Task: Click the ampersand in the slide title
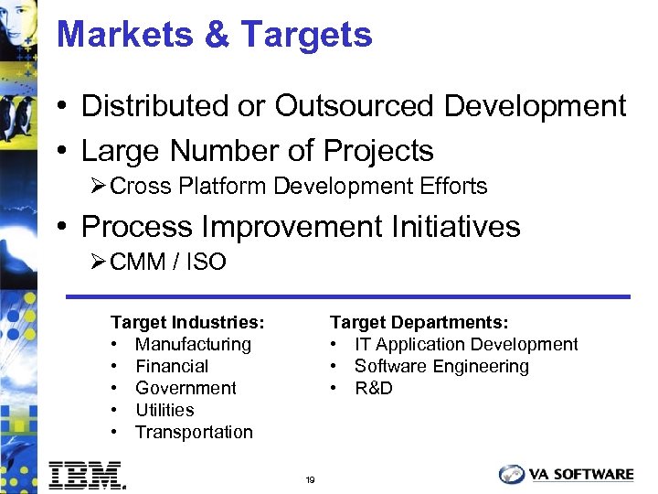(x=218, y=35)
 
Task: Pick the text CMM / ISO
(x=167, y=263)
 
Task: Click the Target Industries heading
(x=187, y=322)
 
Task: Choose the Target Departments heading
(x=419, y=322)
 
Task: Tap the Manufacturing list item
(x=193, y=344)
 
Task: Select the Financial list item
(x=172, y=366)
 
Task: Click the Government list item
(x=186, y=388)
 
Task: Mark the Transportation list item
(x=194, y=432)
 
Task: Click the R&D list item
(x=373, y=388)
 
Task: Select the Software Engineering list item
(x=441, y=366)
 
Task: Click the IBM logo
(x=86, y=474)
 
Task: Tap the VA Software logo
(x=567, y=474)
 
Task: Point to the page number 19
(x=311, y=480)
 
